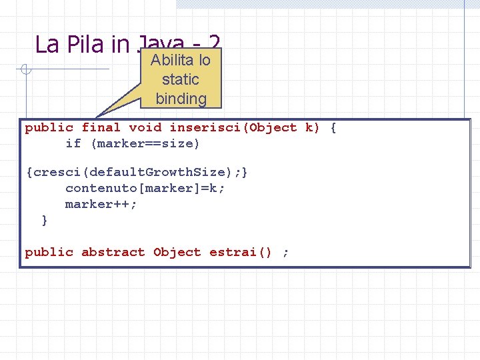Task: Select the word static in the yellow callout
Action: (x=181, y=79)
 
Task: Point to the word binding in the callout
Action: (x=181, y=99)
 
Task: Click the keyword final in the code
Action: (x=101, y=127)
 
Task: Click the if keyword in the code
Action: (x=73, y=143)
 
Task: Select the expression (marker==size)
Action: (x=145, y=143)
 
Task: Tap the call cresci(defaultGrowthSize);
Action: (x=137, y=172)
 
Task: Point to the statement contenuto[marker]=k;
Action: (x=145, y=188)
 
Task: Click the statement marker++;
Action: (x=101, y=204)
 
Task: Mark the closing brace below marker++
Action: (x=45, y=220)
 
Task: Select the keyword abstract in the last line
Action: (x=113, y=252)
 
